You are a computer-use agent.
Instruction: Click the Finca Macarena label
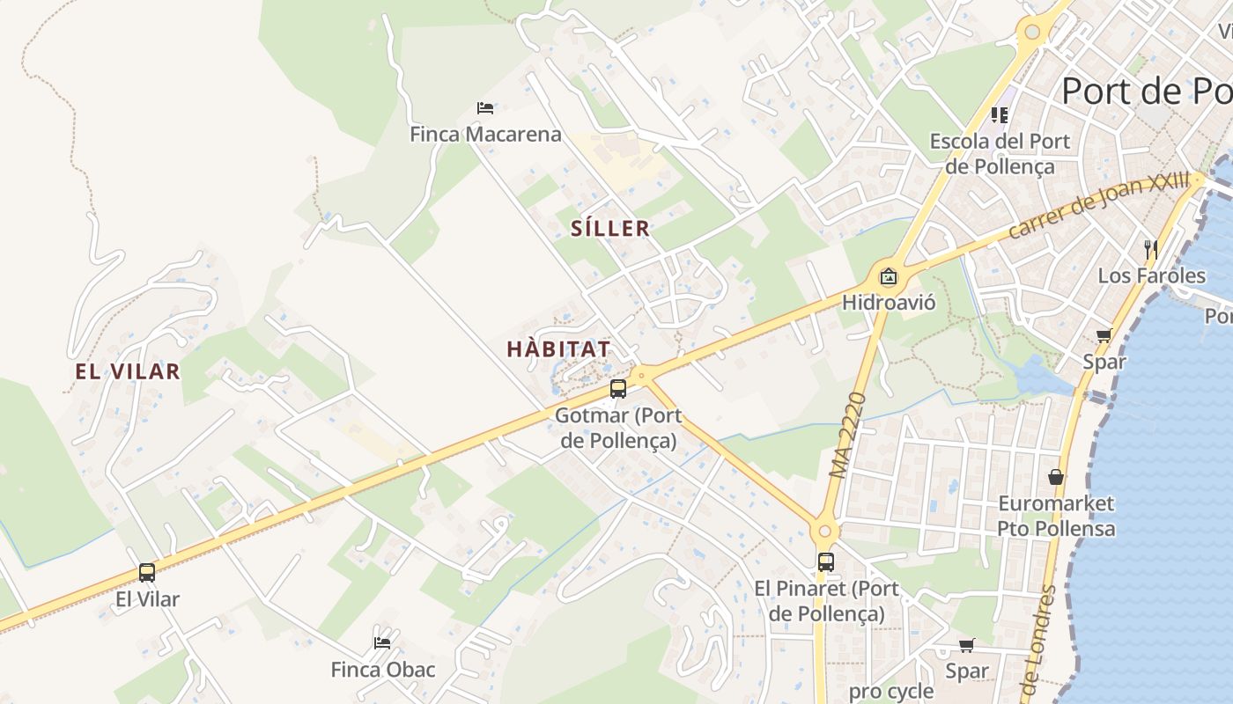click(485, 135)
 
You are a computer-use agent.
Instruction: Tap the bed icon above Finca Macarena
click(485, 108)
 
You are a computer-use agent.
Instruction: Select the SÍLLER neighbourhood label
click(610, 229)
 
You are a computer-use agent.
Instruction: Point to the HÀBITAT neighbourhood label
click(558, 349)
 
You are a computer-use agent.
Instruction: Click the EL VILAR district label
click(128, 371)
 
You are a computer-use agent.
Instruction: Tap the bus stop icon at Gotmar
click(618, 388)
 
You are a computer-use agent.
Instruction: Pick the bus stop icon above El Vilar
click(147, 573)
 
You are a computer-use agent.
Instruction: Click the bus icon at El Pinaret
click(825, 561)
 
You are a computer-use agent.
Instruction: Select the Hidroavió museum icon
click(889, 276)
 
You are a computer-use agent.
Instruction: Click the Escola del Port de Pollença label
click(1000, 154)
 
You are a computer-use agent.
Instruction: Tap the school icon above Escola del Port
click(1000, 114)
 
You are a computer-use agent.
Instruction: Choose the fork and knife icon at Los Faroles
click(1151, 249)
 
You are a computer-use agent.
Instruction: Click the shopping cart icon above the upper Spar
click(1104, 335)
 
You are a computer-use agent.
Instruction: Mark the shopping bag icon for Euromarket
click(1056, 477)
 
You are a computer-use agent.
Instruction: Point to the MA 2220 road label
click(848, 436)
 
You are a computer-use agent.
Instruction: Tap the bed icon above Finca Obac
click(382, 642)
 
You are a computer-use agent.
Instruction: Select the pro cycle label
click(890, 692)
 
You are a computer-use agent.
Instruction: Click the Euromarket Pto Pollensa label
click(1056, 516)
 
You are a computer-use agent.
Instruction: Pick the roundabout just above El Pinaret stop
click(824, 531)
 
